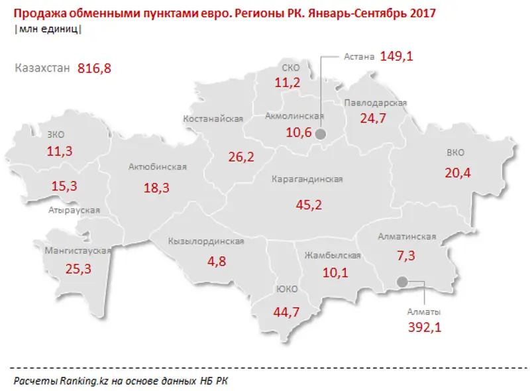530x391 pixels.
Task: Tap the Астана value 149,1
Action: coord(397,57)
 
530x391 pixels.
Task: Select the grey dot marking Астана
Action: coord(321,135)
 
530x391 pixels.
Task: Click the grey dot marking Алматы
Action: coord(401,282)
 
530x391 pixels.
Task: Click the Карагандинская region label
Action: coord(307,179)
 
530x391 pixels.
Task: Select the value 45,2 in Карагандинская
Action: coord(308,205)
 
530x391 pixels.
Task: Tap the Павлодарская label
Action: coord(375,103)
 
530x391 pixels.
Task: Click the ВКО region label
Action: coord(455,152)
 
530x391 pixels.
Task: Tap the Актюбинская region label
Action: coord(158,167)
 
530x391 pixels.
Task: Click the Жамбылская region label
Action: coord(333,255)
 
